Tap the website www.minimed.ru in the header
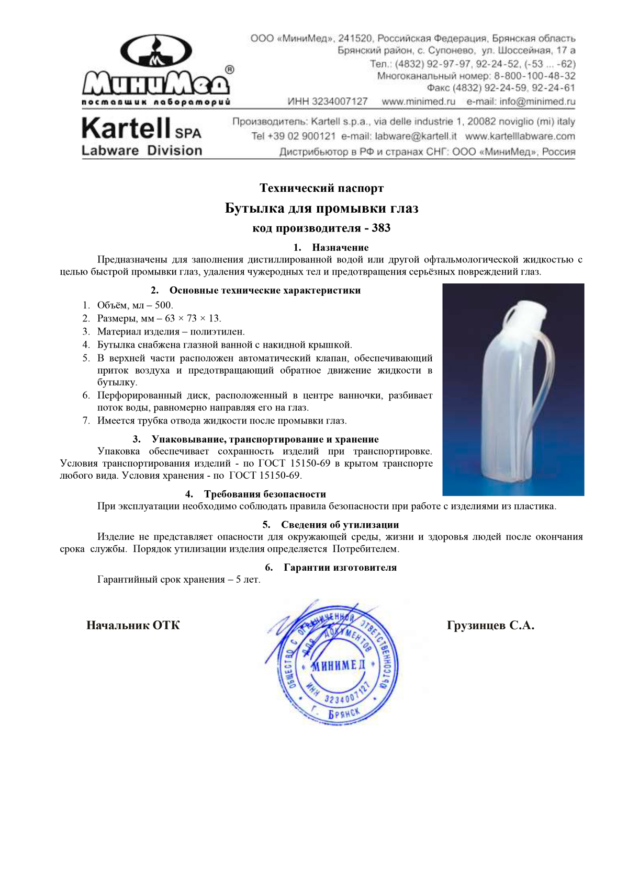[418, 101]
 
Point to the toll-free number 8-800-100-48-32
[534, 76]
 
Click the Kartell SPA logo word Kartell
[126, 129]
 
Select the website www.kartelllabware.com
[520, 136]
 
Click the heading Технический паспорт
[321, 188]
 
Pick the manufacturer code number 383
[381, 228]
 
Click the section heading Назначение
[340, 248]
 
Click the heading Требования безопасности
[265, 494]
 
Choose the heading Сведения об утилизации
[340, 525]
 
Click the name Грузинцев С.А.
[490, 626]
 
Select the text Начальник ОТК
[133, 626]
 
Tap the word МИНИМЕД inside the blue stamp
[338, 665]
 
